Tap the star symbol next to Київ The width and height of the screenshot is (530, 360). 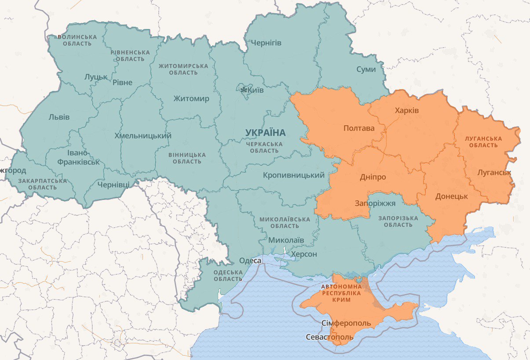tap(244, 90)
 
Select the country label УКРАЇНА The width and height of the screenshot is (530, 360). tap(266, 132)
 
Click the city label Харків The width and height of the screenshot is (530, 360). tap(407, 110)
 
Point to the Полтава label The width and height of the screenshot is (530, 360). tap(359, 128)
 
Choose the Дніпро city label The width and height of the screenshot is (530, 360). tap(373, 177)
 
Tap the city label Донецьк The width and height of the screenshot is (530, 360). tap(451, 196)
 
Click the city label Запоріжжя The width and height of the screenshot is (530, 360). tap(375, 203)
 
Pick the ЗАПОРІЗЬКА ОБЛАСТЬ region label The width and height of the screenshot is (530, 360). tap(398, 222)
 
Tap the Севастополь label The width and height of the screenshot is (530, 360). tap(329, 337)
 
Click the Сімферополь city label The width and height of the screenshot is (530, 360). tap(346, 324)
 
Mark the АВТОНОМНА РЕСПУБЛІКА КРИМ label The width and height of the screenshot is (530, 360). tap(342, 293)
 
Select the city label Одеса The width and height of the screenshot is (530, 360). tap(250, 261)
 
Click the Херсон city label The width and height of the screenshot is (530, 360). tap(303, 254)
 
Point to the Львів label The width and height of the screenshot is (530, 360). tap(59, 117)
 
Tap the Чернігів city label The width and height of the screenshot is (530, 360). tap(266, 43)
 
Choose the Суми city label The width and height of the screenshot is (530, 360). tap(366, 69)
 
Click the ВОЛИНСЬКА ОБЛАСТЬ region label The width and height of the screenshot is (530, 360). tap(77, 40)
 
